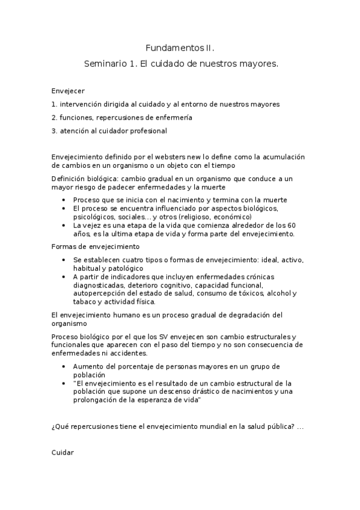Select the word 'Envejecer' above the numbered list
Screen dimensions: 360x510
pyautogui.click(x=68, y=91)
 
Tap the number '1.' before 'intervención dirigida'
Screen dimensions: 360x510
pyautogui.click(x=55, y=104)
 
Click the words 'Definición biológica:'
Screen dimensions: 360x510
pyautogui.click(x=82, y=179)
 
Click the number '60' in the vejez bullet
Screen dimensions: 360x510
pyautogui.click(x=291, y=225)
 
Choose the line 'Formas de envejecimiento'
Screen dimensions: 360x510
pyautogui.click(x=96, y=247)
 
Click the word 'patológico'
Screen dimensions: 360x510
pyautogui.click(x=126, y=268)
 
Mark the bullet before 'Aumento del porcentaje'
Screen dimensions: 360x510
pyautogui.click(x=64, y=366)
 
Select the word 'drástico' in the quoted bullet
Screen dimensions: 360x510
pyautogui.click(x=188, y=392)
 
